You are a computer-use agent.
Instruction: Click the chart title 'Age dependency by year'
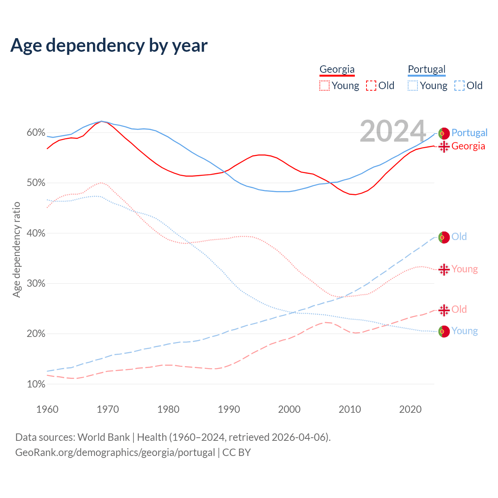(109, 46)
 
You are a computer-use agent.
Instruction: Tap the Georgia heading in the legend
(337, 69)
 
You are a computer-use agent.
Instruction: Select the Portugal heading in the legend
(426, 69)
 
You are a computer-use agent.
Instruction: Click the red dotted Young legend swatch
(324, 86)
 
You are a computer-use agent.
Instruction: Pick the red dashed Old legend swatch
(371, 86)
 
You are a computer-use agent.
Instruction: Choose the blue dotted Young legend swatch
(413, 86)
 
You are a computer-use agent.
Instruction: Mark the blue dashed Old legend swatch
(459, 86)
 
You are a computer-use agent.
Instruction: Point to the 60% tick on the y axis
(36, 133)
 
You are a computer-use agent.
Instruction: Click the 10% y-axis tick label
(36, 384)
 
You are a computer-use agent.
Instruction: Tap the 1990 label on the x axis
(229, 409)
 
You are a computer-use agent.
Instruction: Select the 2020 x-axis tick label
(410, 409)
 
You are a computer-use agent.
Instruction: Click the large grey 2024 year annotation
(393, 131)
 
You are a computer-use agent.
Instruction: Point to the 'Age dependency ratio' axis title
(16, 249)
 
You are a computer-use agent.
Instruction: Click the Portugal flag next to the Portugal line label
(444, 133)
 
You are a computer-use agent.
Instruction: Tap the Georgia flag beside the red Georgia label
(444, 147)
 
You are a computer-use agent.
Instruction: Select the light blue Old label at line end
(459, 237)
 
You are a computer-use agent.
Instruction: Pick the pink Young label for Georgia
(465, 269)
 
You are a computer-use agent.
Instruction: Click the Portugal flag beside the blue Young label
(444, 331)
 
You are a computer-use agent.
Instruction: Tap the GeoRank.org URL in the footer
(115, 452)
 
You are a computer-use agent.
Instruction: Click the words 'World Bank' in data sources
(103, 437)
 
